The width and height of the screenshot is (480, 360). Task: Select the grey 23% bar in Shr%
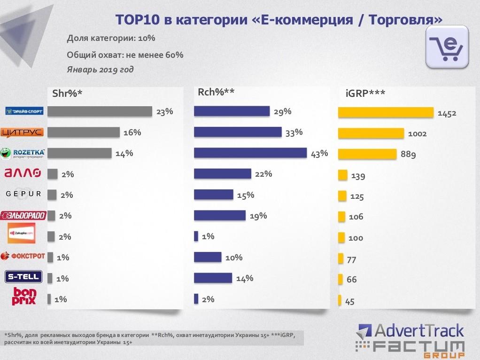click(x=100, y=111)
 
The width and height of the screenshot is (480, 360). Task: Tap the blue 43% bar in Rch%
click(x=250, y=153)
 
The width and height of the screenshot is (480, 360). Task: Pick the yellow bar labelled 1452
click(x=386, y=113)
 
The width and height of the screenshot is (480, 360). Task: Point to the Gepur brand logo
click(x=23, y=194)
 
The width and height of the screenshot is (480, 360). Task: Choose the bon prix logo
click(x=24, y=296)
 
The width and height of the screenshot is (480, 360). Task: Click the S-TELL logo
click(x=23, y=277)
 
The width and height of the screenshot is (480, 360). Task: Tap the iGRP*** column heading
click(x=362, y=93)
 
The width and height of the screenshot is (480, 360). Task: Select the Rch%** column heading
click(x=216, y=92)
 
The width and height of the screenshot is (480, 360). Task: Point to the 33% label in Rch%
click(x=294, y=133)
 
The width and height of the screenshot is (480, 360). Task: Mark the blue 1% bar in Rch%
click(x=196, y=236)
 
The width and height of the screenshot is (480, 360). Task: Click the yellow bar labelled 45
click(x=340, y=301)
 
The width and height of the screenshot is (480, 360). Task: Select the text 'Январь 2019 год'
click(x=100, y=70)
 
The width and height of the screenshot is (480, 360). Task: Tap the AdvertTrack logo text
click(x=411, y=331)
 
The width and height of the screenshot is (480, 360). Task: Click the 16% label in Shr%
click(x=132, y=133)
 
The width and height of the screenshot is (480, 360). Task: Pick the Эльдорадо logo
click(x=23, y=216)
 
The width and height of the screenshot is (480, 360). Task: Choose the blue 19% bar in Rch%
click(x=220, y=215)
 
